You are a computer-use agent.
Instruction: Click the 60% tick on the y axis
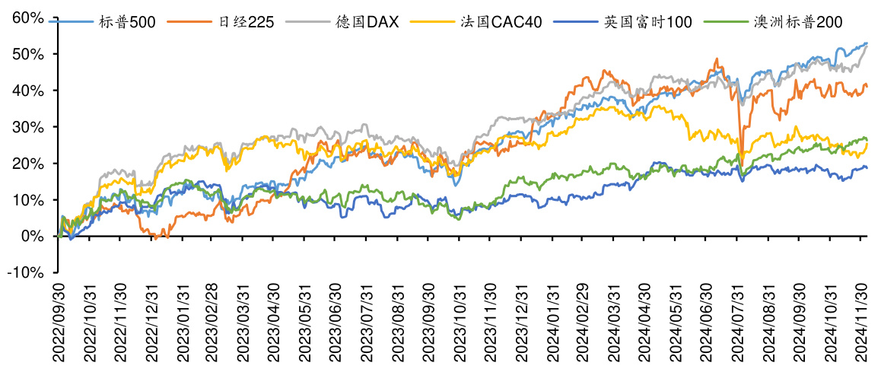[30, 17]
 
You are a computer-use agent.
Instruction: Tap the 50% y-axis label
[30, 54]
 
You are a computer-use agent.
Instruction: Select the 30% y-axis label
[30, 127]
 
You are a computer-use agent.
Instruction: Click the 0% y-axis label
[33, 237]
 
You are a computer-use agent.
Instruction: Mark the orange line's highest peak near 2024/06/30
[716, 59]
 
